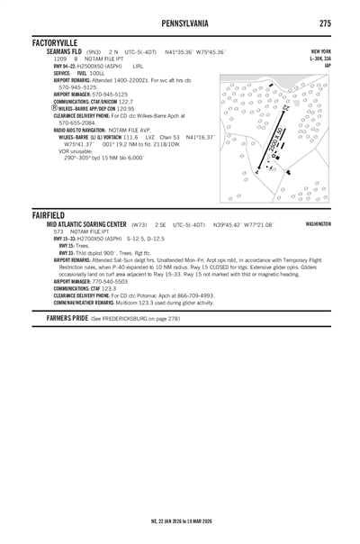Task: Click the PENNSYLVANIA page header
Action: pyautogui.click(x=180, y=20)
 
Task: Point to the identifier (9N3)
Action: pyautogui.click(x=94, y=52)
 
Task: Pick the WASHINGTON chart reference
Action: pyautogui.click(x=318, y=223)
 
